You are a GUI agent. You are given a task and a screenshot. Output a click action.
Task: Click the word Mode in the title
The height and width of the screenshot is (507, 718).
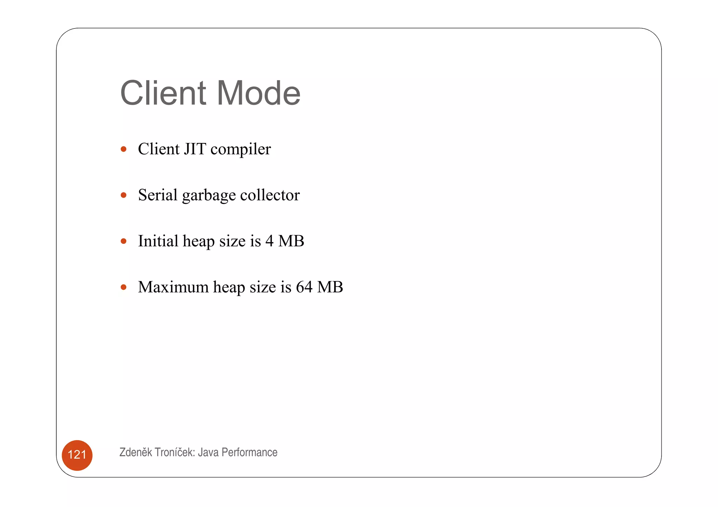click(258, 93)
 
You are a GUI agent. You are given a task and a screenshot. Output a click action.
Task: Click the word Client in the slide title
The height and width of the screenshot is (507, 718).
click(163, 93)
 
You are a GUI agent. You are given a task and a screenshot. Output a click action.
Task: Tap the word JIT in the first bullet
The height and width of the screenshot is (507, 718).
click(195, 149)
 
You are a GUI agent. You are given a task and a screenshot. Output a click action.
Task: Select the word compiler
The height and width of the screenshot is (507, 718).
click(241, 150)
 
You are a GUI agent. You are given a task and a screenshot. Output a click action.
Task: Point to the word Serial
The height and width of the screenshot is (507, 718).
click(158, 195)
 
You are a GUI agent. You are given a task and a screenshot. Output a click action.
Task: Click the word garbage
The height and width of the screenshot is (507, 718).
click(209, 196)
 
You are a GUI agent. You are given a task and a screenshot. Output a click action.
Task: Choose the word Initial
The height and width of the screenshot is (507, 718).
click(158, 241)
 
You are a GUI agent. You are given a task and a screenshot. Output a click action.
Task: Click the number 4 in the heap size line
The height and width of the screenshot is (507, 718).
click(269, 241)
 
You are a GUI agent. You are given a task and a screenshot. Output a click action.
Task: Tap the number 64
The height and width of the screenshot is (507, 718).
click(304, 287)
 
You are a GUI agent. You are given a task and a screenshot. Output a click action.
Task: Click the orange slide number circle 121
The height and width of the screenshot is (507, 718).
click(77, 455)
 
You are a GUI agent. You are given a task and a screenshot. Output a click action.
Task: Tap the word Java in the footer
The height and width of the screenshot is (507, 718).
click(208, 452)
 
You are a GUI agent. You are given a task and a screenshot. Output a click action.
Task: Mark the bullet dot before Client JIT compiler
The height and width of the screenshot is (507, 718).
click(123, 149)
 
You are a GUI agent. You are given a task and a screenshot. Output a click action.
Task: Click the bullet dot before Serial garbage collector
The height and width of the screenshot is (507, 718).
click(123, 195)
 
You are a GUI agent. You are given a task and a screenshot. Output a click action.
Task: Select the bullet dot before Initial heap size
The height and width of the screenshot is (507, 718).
click(123, 241)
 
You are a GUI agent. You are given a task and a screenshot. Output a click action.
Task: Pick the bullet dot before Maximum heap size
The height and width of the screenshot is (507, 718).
click(123, 287)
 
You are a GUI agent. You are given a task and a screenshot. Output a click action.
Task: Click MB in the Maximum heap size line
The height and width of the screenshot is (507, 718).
click(330, 287)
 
